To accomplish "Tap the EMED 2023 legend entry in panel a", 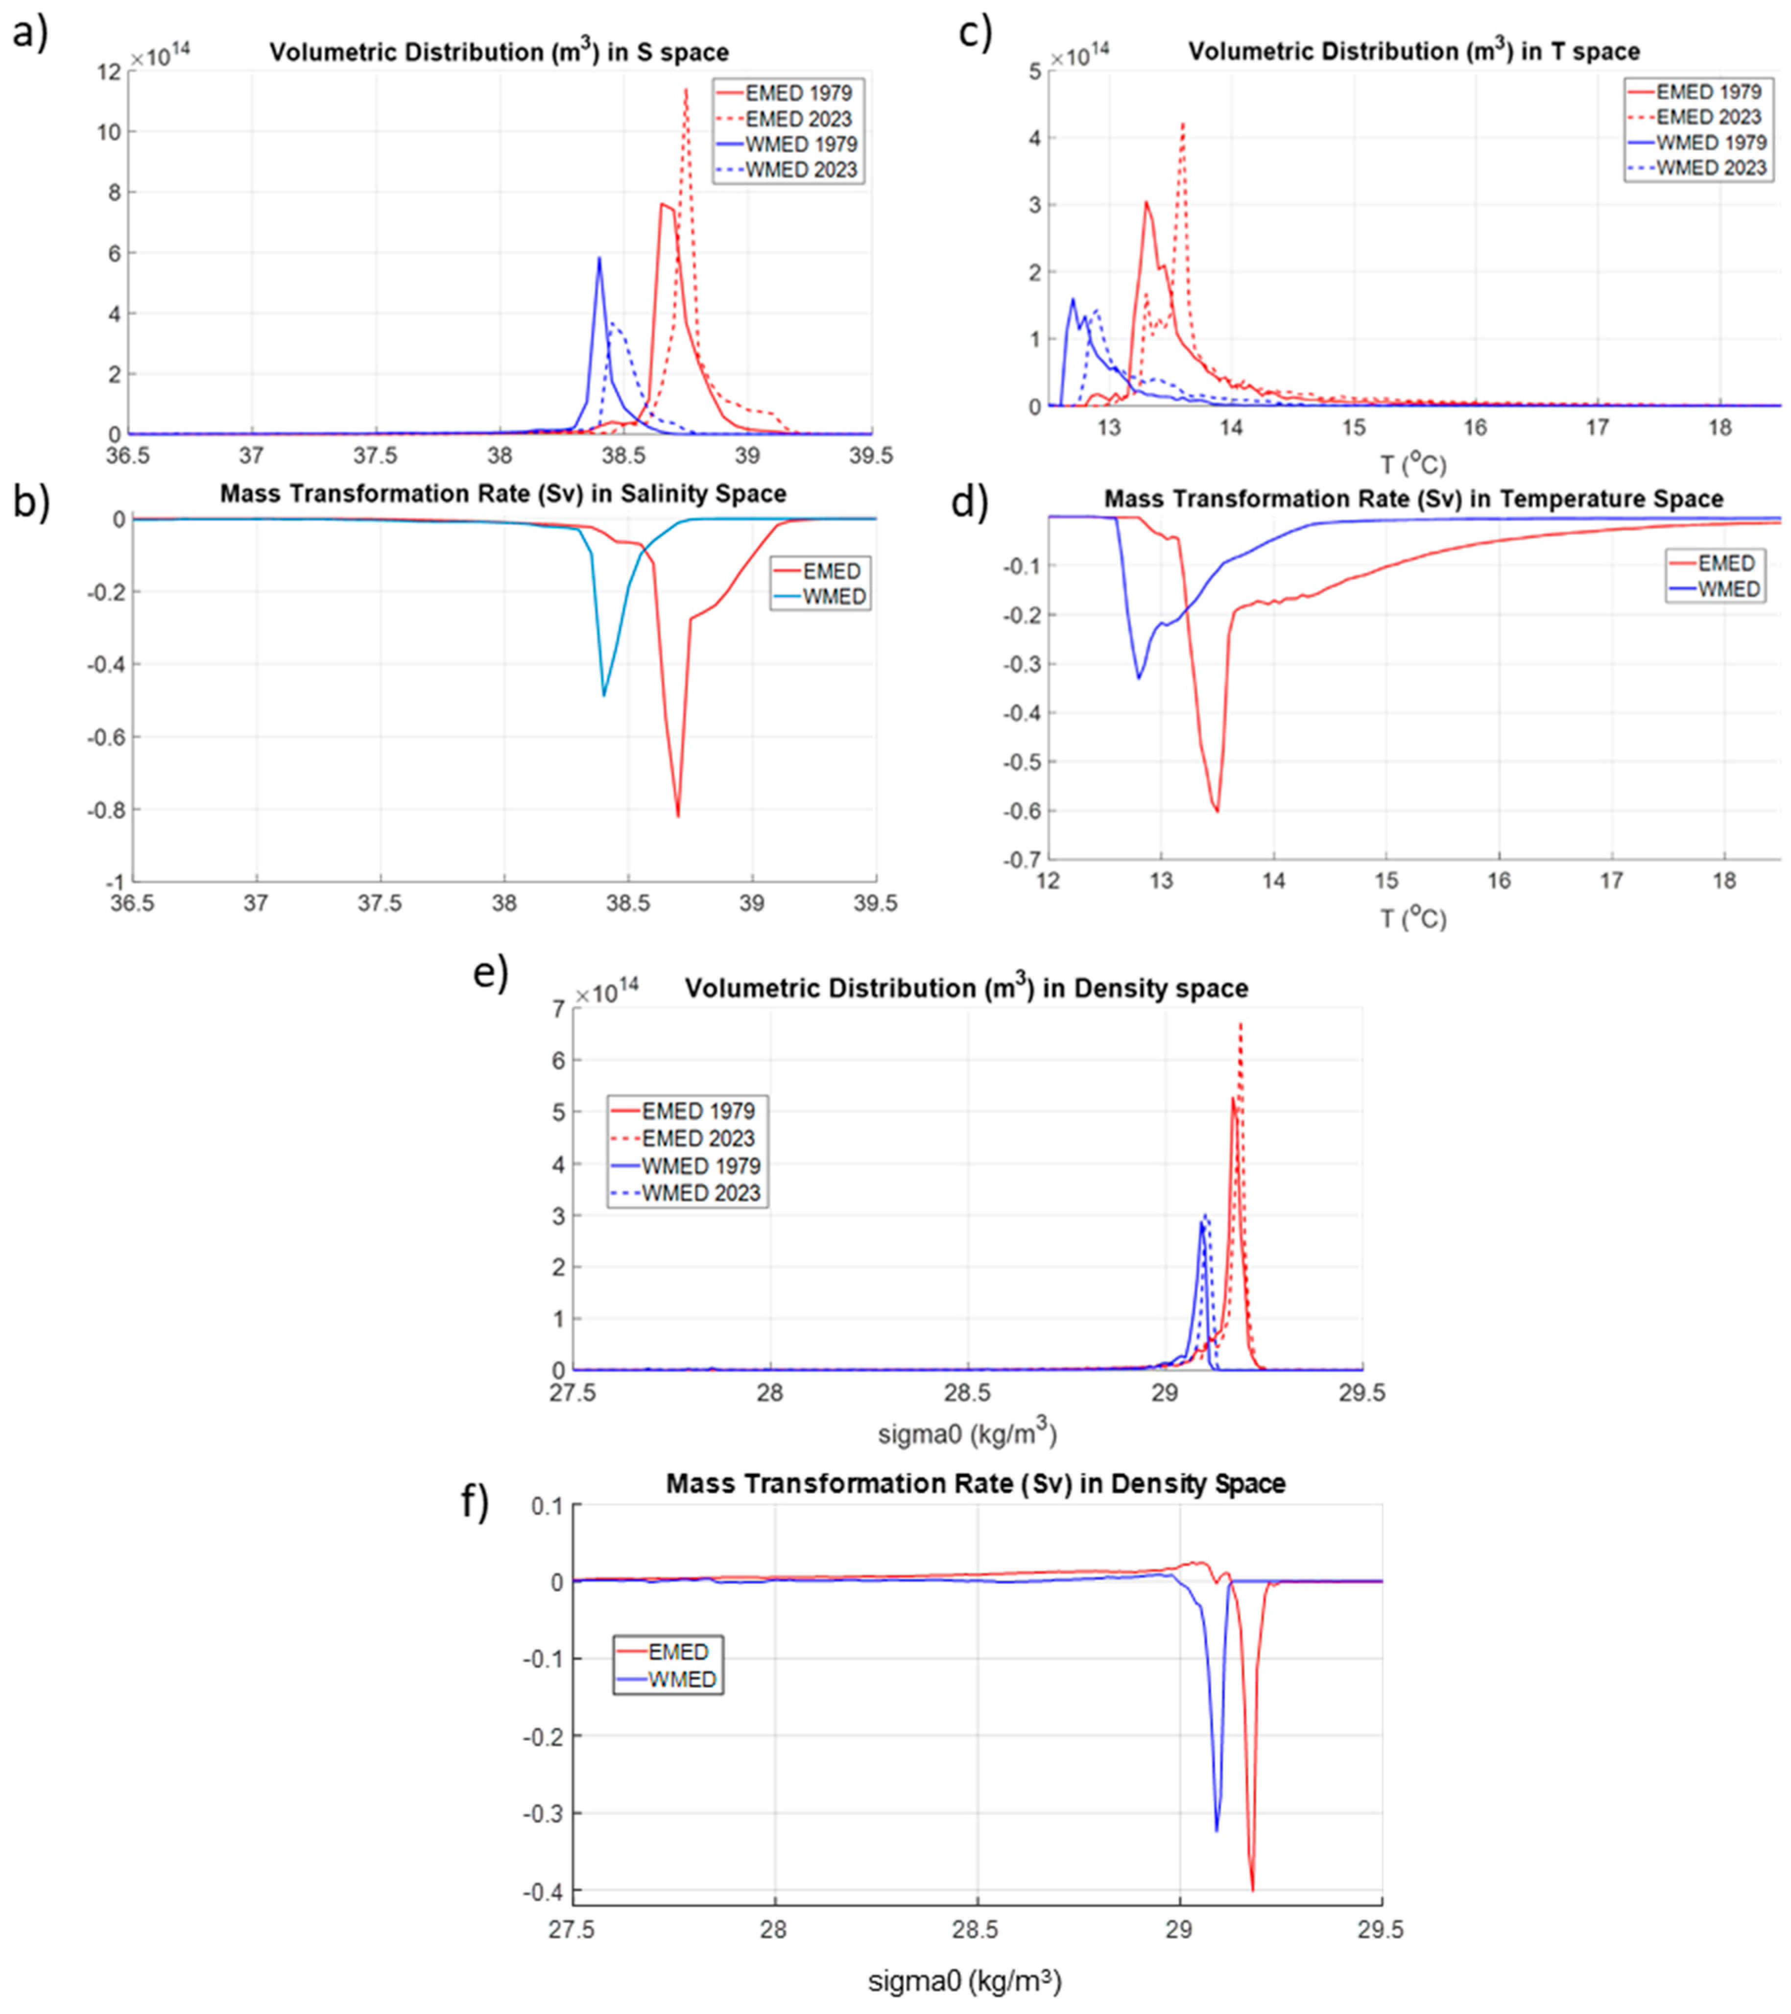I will coord(798,119).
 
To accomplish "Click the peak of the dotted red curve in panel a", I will coord(686,90).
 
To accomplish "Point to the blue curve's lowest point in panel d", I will coord(1139,678).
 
